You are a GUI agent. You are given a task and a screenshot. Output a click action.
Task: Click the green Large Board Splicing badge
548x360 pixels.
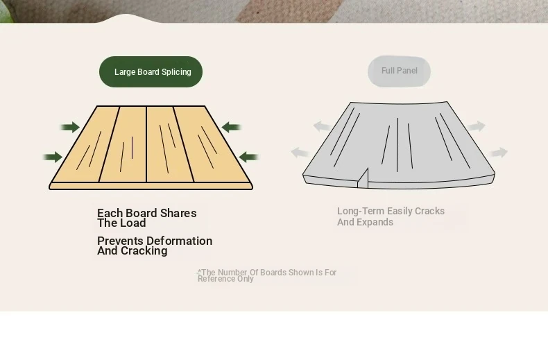(151, 71)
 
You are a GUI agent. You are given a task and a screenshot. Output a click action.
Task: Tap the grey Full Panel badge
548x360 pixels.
(399, 71)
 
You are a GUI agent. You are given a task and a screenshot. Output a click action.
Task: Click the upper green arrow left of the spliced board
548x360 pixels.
(70, 127)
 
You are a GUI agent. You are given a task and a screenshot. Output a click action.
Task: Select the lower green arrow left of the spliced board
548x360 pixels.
(53, 157)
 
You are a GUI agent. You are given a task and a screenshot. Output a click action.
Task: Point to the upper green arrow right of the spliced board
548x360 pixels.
(232, 127)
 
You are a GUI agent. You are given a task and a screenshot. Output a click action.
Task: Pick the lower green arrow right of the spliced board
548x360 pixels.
(248, 157)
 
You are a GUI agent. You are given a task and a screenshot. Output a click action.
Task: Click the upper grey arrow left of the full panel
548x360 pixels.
(322, 126)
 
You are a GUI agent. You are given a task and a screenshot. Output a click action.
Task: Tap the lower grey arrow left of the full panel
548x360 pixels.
(300, 153)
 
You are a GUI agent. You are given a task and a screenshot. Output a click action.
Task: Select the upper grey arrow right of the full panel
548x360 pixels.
(477, 126)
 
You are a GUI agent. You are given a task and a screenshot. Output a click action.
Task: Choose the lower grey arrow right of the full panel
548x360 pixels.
(499, 153)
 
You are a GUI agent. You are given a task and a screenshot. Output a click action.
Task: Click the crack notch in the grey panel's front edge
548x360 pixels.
(363, 178)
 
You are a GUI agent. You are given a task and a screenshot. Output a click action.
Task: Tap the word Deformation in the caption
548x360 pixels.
(184, 241)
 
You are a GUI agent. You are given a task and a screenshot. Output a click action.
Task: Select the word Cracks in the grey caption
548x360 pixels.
(429, 211)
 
